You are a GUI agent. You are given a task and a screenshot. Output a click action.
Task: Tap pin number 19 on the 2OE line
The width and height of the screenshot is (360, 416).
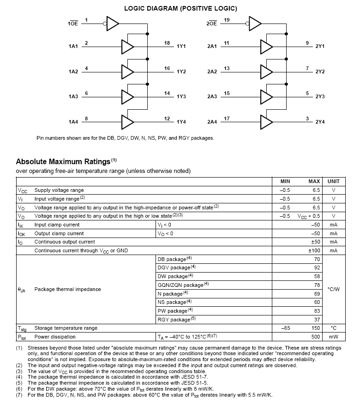tap(227, 19)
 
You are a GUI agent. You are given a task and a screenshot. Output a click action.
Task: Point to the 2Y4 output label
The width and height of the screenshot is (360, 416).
tap(320, 122)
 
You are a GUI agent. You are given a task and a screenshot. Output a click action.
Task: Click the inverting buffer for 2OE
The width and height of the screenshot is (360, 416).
tap(255, 23)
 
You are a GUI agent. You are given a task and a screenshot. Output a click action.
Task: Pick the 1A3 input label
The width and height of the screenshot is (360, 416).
tap(73, 96)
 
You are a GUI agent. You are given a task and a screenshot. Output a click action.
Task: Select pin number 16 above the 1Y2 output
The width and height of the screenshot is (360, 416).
tap(167, 68)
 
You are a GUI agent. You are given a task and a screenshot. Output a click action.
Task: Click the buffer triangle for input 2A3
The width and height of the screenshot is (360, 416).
tap(266, 96)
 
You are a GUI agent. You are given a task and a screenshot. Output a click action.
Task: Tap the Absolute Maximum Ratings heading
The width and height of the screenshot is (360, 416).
tap(64, 162)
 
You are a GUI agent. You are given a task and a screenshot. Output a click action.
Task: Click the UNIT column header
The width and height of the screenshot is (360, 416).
tap(333, 181)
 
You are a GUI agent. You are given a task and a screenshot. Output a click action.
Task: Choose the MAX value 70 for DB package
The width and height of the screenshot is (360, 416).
tap(317, 259)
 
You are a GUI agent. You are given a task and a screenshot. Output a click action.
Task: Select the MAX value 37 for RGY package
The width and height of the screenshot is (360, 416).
tap(317, 320)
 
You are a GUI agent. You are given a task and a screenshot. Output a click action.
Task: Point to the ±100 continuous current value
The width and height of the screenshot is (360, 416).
tap(314, 250)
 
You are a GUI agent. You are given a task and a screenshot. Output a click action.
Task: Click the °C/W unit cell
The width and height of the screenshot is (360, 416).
tap(333, 289)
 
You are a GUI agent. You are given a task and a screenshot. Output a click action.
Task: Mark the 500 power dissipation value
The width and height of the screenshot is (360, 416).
tap(315, 337)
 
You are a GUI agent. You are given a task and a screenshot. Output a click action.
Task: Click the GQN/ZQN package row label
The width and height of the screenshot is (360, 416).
tap(180, 285)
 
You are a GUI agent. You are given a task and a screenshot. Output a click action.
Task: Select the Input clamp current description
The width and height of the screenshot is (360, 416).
tap(57, 225)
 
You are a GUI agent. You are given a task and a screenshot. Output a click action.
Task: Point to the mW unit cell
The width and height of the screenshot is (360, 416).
tap(333, 337)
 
